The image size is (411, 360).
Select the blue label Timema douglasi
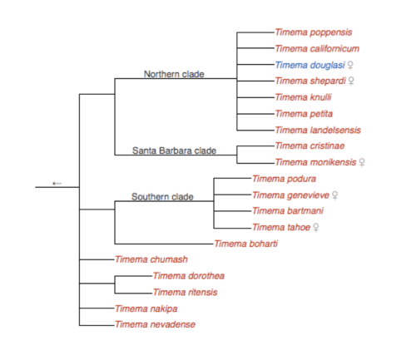coord(304,65)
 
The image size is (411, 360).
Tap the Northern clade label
coord(174,74)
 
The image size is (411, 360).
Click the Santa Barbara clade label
coord(175,150)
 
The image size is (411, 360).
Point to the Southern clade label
coord(162,197)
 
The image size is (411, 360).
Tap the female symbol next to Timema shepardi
coord(351,81)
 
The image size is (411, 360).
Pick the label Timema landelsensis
coord(317,130)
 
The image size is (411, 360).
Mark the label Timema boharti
coord(245,243)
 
